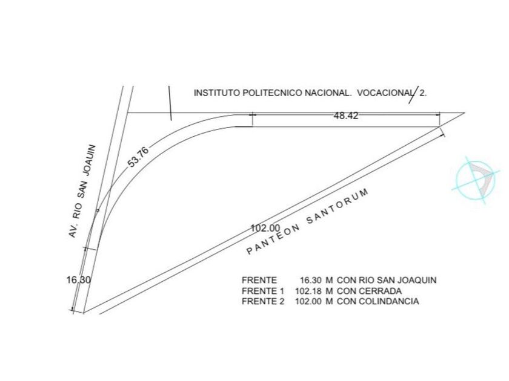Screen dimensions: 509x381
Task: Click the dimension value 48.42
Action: pos(345,116)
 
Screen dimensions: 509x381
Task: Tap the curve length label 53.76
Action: pos(138,157)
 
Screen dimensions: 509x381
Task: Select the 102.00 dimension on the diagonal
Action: pos(265,228)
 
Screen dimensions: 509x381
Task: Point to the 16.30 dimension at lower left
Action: pos(78,280)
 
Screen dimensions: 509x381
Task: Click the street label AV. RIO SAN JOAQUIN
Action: pos(84,190)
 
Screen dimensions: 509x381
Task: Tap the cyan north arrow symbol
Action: pos(476,178)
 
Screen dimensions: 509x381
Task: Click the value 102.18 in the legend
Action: pos(309,291)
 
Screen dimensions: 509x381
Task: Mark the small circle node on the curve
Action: pos(98,210)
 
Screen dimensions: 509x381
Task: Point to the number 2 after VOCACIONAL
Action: pos(423,93)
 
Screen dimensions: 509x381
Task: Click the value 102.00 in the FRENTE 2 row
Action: pos(309,301)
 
